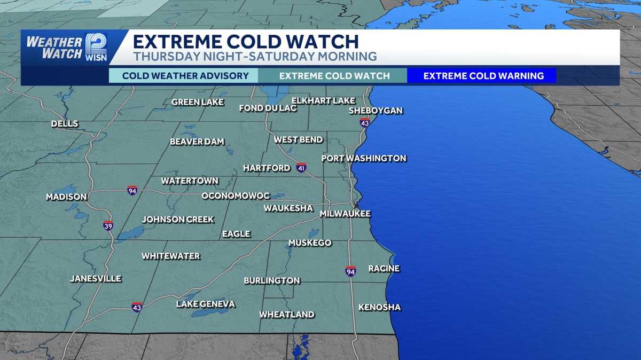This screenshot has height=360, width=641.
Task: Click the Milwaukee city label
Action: (x=345, y=214)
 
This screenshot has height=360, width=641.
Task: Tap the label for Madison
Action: (x=66, y=197)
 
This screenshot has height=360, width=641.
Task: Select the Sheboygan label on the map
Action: (x=376, y=111)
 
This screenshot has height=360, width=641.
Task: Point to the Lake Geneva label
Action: (x=206, y=304)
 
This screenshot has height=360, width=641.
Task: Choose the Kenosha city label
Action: (x=379, y=307)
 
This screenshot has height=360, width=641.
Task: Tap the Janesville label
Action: (x=96, y=278)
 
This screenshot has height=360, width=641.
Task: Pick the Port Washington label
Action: (x=364, y=158)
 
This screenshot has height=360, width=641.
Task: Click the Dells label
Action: (x=65, y=124)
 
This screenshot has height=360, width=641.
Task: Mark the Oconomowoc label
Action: (x=236, y=196)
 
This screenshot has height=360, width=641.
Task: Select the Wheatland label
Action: (x=287, y=315)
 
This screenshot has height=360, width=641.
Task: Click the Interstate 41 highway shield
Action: (x=301, y=168)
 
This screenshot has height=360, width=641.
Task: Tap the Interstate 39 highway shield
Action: (x=108, y=225)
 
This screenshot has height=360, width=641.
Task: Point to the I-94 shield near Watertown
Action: (x=132, y=190)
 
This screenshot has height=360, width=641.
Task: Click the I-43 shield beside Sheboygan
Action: (x=365, y=122)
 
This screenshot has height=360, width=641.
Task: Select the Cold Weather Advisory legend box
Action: (x=185, y=76)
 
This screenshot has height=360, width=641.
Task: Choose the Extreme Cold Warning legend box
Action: (x=483, y=76)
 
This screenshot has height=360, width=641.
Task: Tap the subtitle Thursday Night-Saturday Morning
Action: (x=255, y=56)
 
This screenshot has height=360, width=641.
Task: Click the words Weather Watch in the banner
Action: (x=54, y=48)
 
